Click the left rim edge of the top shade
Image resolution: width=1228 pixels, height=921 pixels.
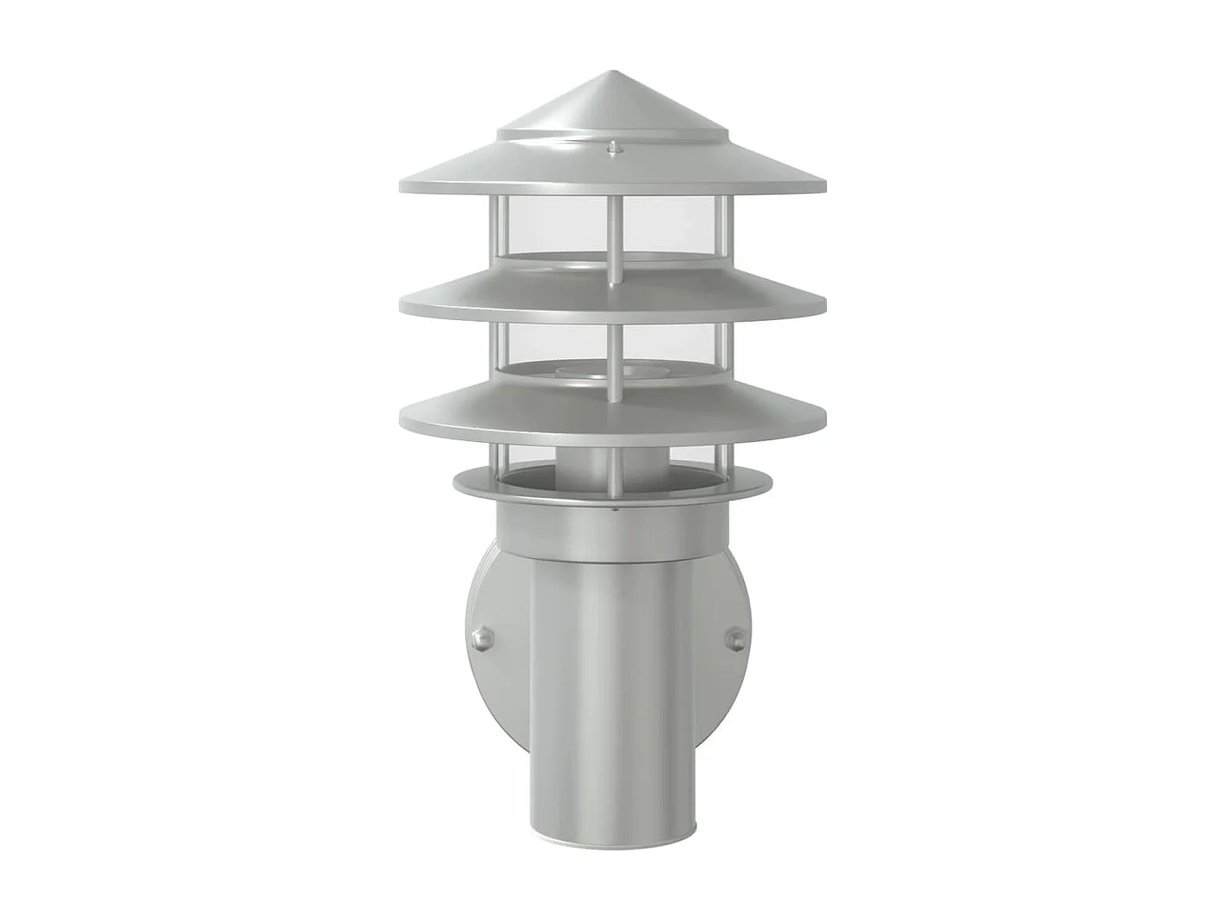pos(401,186)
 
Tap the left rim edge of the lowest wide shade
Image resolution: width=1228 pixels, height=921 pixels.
pos(403,418)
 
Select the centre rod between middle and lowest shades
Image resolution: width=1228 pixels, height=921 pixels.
pos(612,348)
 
